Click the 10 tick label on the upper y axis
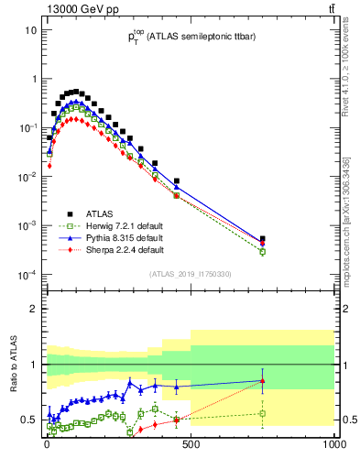point(29,30)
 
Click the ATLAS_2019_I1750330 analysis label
point(190,274)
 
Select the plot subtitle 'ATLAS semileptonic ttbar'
point(190,38)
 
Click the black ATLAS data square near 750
point(262,239)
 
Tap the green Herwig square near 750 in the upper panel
point(262,252)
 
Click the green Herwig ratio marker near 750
point(262,413)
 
